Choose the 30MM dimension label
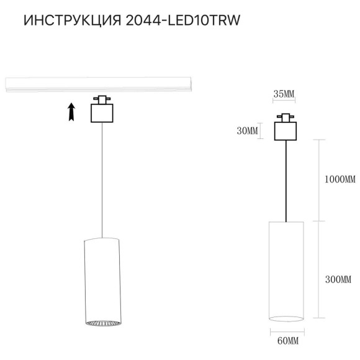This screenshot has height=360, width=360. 246,130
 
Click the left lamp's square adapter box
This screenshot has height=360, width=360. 100,114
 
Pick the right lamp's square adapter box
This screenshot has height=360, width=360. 286,130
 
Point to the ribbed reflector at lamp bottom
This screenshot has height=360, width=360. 100,323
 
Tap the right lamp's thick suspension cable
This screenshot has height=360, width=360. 286,180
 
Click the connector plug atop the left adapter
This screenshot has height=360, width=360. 100,99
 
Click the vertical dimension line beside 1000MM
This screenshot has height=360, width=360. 318,180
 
